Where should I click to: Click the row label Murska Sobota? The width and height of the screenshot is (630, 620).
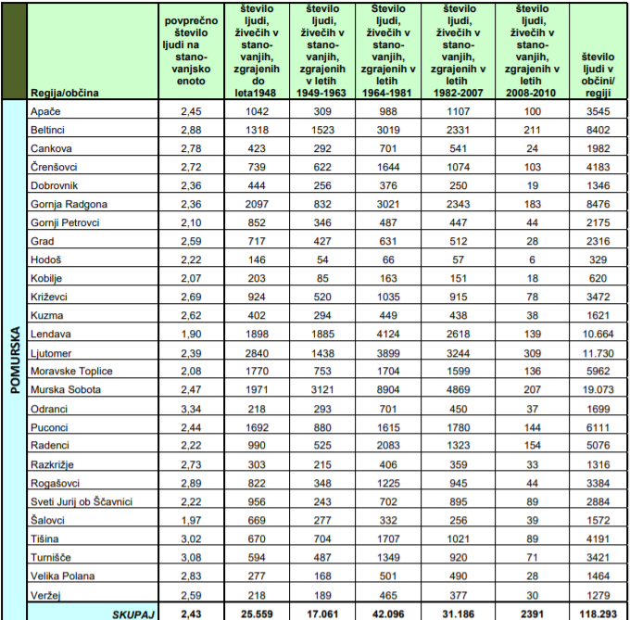(x=66, y=389)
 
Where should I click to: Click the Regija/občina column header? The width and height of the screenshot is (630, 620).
(x=65, y=93)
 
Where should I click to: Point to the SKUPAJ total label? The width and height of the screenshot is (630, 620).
(x=132, y=613)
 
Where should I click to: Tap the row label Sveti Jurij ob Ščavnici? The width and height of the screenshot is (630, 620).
(x=82, y=501)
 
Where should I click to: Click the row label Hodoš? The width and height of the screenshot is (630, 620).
(x=46, y=259)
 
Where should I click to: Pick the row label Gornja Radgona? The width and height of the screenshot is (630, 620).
(x=69, y=204)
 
